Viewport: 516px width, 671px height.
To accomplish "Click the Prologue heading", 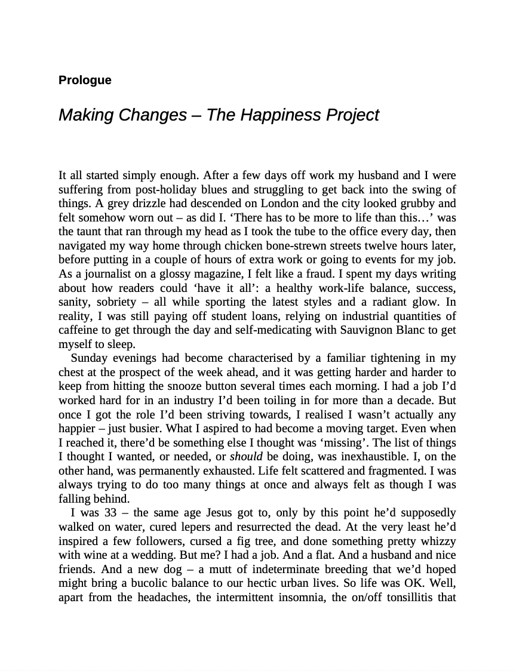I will (x=85, y=80).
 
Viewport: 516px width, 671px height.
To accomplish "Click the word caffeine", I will (x=79, y=330).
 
